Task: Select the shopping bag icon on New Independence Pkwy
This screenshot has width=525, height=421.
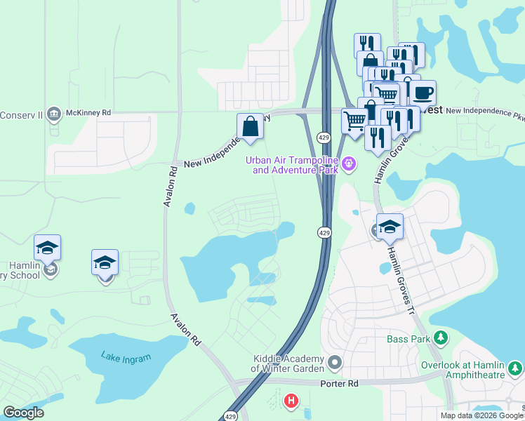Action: [250, 127]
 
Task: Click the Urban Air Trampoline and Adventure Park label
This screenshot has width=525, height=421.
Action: [291, 165]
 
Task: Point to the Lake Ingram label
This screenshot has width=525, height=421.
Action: [126, 358]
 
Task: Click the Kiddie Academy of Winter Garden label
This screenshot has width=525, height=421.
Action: [288, 363]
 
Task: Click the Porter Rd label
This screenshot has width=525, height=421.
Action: [340, 384]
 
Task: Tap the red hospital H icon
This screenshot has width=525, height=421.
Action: [290, 401]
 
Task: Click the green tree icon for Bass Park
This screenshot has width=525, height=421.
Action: [440, 339]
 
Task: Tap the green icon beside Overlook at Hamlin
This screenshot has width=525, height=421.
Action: [516, 367]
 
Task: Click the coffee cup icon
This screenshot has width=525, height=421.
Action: [423, 93]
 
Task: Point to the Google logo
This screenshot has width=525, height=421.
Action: [23, 413]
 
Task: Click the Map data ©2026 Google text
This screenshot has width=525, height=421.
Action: [480, 415]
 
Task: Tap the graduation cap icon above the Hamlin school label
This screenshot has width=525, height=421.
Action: [47, 248]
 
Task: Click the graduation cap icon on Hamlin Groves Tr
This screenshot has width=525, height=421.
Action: [390, 227]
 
